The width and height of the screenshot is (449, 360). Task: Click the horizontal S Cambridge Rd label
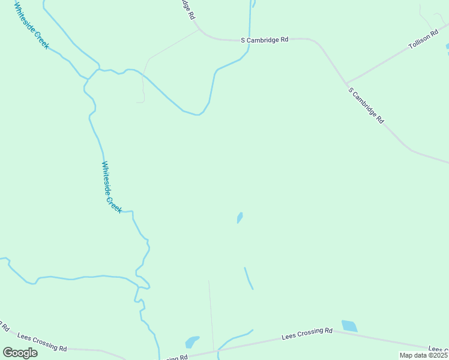[x=265, y=40]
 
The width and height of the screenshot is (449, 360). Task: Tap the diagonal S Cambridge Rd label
[x=366, y=106]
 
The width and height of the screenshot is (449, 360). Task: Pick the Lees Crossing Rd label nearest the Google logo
[x=41, y=342]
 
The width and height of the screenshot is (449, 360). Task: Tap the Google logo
[x=20, y=352]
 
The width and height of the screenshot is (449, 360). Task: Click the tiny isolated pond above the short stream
[x=240, y=217]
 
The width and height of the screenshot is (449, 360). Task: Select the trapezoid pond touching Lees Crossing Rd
[x=349, y=326]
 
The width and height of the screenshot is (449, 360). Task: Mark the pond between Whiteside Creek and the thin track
[x=192, y=342]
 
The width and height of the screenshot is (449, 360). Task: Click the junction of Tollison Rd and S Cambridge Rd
[x=346, y=83]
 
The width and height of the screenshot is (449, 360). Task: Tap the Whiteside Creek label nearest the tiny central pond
[x=112, y=187]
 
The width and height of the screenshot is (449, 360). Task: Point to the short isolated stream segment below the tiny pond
[x=249, y=278]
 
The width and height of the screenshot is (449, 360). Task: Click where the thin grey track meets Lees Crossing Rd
[x=214, y=350]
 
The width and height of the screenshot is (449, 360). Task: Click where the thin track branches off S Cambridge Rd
[x=199, y=29]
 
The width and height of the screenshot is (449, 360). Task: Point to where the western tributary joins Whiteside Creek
[x=139, y=287]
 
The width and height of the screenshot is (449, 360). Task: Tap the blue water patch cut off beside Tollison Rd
[x=447, y=46]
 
